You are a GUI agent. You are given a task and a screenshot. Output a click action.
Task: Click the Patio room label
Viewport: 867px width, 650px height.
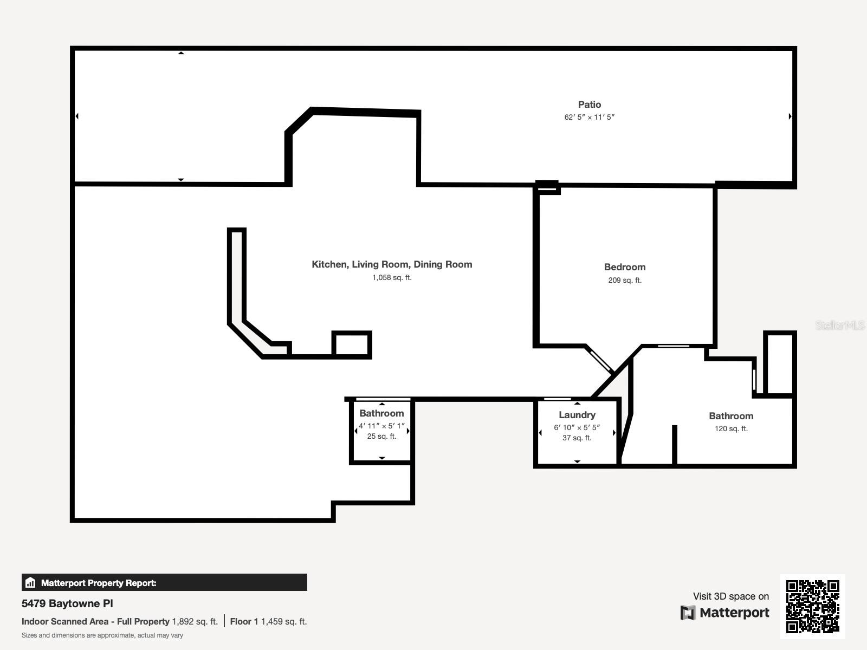(x=590, y=105)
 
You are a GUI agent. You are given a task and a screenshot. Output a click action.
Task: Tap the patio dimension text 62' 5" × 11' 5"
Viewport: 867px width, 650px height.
(x=590, y=117)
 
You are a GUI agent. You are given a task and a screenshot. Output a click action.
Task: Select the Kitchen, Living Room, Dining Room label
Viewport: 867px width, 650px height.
(x=392, y=264)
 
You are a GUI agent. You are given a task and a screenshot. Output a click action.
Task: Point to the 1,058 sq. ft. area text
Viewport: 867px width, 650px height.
(x=392, y=277)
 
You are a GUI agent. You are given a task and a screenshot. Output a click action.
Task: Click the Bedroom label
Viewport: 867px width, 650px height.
(x=625, y=267)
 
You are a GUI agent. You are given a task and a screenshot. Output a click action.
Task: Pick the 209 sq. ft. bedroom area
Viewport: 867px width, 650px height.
(x=625, y=280)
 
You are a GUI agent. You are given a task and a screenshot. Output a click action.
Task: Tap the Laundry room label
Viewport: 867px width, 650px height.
(x=577, y=415)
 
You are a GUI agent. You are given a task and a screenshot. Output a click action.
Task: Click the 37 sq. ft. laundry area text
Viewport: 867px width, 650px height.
(x=577, y=438)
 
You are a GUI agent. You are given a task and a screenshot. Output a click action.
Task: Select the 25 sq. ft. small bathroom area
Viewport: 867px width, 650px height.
(x=381, y=436)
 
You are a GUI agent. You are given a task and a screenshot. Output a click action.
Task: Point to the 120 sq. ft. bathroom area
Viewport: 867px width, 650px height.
(x=731, y=428)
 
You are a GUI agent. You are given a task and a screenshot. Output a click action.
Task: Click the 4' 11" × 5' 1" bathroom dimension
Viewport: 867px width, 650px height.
(x=381, y=426)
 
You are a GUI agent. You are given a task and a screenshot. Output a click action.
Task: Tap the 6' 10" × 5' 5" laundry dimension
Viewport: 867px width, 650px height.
(x=577, y=427)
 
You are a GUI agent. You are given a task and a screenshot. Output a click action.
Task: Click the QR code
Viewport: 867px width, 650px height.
(x=812, y=606)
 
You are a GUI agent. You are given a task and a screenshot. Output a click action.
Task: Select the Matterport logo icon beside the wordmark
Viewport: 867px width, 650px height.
(x=688, y=613)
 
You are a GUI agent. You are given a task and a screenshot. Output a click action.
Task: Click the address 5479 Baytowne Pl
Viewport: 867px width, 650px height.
(x=67, y=603)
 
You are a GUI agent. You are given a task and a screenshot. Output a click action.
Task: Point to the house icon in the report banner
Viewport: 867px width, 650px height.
(x=30, y=582)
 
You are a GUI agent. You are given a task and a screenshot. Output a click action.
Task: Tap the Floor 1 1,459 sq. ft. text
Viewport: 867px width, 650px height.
(x=268, y=622)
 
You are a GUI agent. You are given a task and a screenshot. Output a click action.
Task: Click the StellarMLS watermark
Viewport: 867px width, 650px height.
(x=840, y=325)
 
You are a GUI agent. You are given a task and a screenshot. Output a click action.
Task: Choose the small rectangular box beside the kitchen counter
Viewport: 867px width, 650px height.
(x=352, y=344)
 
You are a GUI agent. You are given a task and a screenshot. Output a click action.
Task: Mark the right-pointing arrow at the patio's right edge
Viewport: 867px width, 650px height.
(x=790, y=116)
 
